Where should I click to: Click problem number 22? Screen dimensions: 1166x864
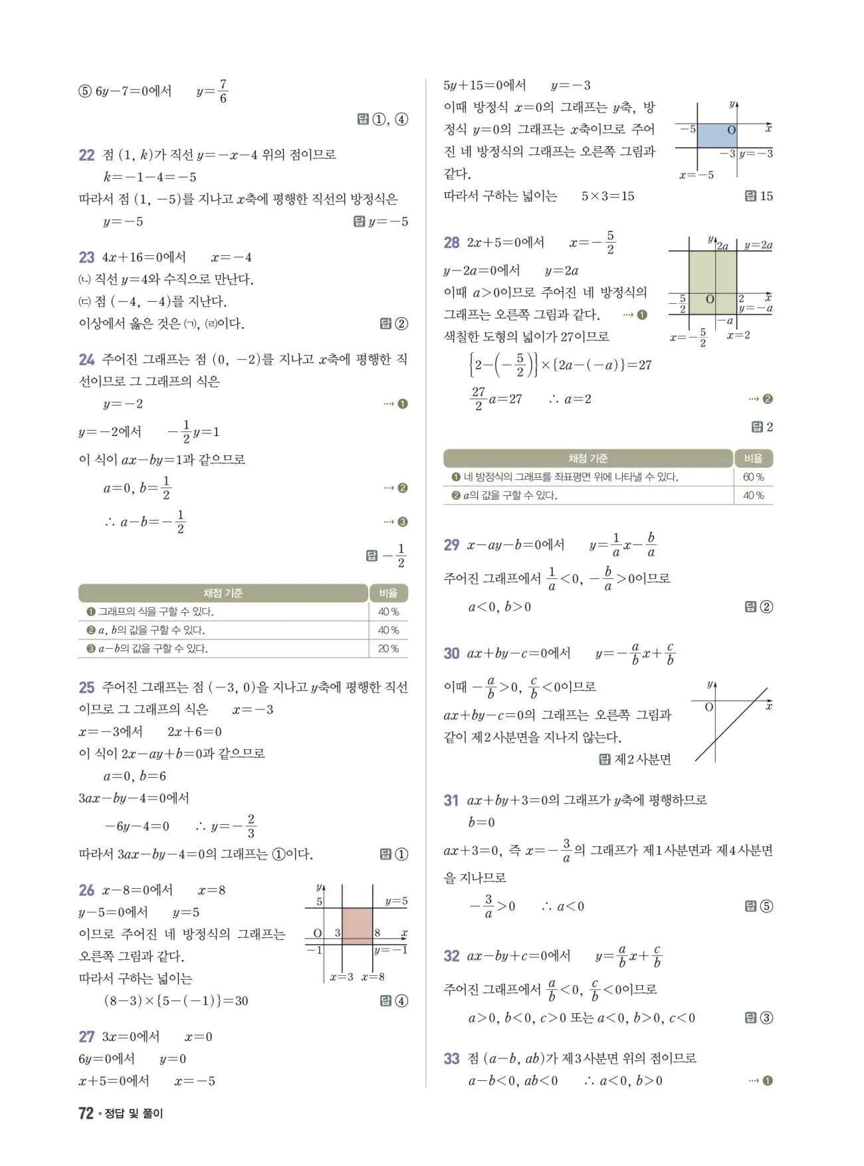tap(86, 155)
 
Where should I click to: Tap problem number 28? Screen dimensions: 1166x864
tap(451, 243)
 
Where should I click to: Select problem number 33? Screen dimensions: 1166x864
tap(451, 1058)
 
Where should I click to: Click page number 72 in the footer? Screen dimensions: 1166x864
tap(86, 1113)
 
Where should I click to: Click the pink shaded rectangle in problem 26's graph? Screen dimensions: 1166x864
tap(357, 926)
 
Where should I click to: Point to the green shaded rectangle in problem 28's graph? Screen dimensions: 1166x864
tap(712, 281)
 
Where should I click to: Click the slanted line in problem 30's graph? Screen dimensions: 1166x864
tap(731, 725)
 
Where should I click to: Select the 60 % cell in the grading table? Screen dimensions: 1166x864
tap(753, 477)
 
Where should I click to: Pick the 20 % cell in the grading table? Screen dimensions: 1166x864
tap(388, 649)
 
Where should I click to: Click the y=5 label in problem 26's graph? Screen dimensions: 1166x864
tap(396, 901)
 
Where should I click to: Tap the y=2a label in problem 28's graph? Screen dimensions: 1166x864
tap(758, 245)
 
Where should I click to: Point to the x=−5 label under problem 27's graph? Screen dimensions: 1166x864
tap(696, 175)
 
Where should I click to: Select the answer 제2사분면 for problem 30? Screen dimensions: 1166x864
tap(643, 759)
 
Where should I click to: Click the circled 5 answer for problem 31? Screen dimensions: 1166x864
tap(766, 906)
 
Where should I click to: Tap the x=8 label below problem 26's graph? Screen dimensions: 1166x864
tap(373, 977)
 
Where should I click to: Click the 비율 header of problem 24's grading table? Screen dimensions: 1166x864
tap(388, 593)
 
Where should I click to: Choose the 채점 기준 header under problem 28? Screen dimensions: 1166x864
tap(588, 459)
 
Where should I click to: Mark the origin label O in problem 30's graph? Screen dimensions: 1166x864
tap(709, 707)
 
